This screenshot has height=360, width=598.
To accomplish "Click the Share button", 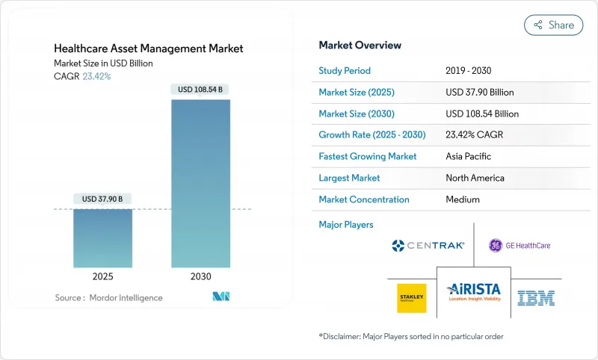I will pos(554,25).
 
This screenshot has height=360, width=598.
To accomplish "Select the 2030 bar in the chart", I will pos(200,183).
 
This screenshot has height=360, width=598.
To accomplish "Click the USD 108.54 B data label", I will pos(200,90).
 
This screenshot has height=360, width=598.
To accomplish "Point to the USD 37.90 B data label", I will pos(102,199).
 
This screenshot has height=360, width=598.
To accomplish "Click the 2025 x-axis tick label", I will pos(102,276).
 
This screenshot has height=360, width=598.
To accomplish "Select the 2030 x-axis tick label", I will pos(200,276).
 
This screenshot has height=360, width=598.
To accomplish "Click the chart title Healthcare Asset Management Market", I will pos(148,49).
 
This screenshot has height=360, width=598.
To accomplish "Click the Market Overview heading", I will pos(360,46).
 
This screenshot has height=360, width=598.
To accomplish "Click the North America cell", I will pos(475,178).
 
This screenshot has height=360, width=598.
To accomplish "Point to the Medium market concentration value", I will pos(463,199).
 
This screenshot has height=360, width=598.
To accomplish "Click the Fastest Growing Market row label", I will pos(367,157).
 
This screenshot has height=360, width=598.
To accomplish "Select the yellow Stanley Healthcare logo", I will pos(411,297).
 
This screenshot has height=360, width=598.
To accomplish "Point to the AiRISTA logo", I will pos(473,292).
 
